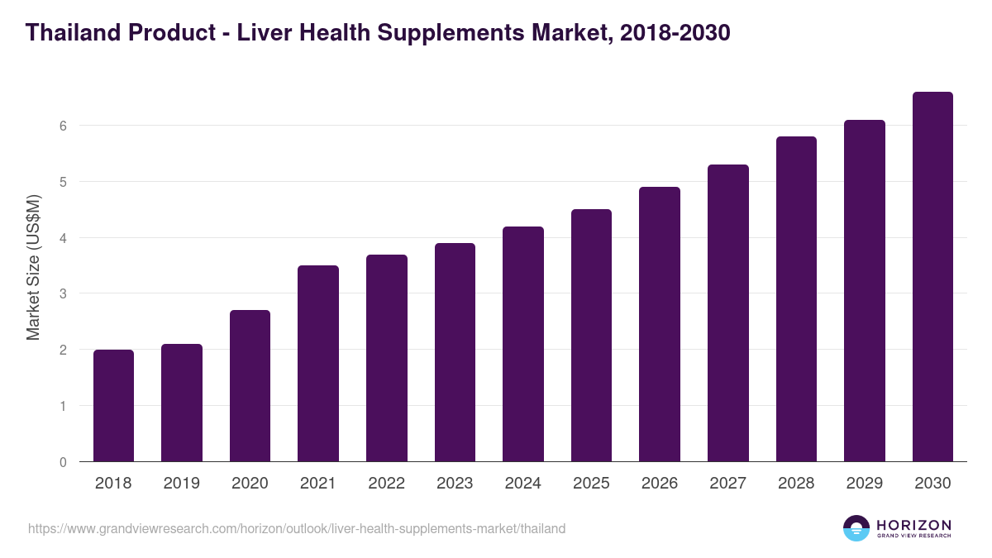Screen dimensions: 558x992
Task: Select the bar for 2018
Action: click(113, 405)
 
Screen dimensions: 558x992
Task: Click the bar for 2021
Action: click(318, 364)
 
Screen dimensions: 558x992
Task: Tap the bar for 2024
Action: click(523, 344)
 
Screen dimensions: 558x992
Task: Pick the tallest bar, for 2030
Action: click(932, 277)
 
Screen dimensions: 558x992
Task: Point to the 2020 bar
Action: click(250, 385)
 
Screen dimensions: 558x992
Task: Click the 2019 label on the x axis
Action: click(181, 484)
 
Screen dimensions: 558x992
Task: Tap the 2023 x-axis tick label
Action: click(455, 484)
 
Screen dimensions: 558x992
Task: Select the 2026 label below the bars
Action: click(660, 484)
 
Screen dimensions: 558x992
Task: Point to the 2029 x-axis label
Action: click(865, 484)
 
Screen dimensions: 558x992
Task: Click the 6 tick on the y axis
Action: click(62, 126)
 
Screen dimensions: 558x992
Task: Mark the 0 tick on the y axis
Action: click(62, 461)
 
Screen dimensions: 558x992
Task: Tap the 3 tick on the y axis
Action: click(62, 293)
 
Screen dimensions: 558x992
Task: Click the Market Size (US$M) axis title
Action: click(33, 266)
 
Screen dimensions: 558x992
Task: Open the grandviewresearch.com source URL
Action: click(297, 528)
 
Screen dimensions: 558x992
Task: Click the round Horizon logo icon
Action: click(856, 528)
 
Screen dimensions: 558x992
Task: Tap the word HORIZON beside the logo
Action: click(913, 525)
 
